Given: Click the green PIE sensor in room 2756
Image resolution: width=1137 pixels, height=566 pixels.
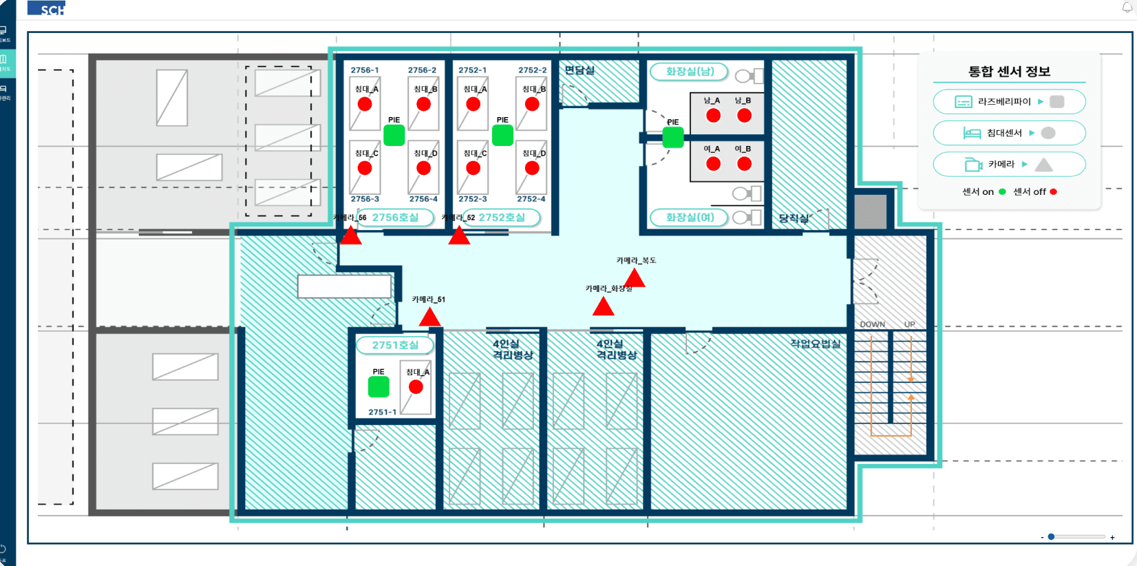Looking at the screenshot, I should (x=394, y=135).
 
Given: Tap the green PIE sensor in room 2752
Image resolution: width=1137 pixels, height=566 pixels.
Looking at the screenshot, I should (x=502, y=135).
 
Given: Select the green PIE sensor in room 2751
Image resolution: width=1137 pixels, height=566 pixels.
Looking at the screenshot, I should (x=379, y=387).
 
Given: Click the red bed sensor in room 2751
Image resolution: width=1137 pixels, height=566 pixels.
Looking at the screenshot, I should (x=416, y=387).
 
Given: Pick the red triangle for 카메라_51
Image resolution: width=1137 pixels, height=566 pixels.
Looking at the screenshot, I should (x=429, y=317).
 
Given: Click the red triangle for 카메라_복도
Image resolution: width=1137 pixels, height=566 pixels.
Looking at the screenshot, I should (x=634, y=278).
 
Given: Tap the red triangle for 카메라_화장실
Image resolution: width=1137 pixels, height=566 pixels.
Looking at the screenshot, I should (x=603, y=306).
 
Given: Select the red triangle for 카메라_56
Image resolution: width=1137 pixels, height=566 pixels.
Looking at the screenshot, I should (x=350, y=236).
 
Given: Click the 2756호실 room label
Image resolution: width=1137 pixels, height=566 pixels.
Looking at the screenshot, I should (x=395, y=218).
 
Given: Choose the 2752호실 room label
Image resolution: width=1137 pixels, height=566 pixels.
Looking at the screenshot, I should (x=501, y=218).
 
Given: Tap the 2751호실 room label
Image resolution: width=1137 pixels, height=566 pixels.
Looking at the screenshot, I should (x=395, y=345).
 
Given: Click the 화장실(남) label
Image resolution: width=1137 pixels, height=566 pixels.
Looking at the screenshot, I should (x=690, y=72).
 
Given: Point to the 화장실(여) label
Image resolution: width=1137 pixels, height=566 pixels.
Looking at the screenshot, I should (x=690, y=218).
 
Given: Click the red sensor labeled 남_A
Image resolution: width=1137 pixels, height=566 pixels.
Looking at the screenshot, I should (x=713, y=116).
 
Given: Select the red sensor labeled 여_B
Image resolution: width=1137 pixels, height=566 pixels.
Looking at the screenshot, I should (x=744, y=164).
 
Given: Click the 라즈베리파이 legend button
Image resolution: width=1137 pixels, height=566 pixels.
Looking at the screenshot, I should (x=1009, y=102).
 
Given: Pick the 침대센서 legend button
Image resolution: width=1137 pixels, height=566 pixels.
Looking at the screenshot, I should (x=1009, y=133).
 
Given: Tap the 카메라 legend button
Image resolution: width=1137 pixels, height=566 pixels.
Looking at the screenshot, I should (x=1009, y=165).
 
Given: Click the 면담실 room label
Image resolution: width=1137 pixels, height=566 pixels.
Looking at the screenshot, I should (x=580, y=70).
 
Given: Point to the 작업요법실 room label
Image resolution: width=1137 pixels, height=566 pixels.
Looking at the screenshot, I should (x=815, y=344).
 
